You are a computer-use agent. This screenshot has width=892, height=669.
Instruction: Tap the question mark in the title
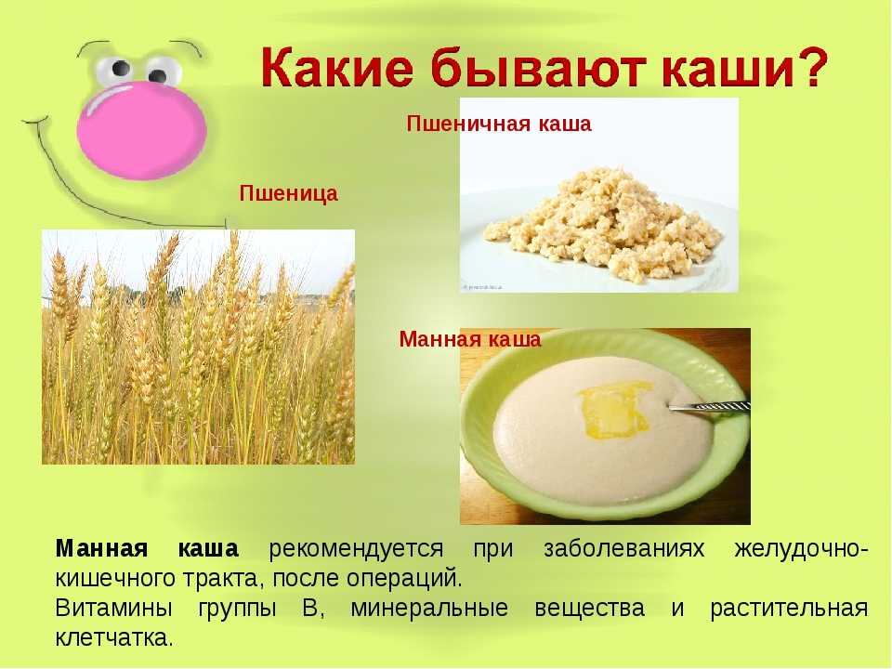point(808,67)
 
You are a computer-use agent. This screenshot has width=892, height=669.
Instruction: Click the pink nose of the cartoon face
point(141,130)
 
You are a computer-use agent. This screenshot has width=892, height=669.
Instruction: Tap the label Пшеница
point(288,193)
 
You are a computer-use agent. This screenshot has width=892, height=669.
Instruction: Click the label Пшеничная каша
point(499,124)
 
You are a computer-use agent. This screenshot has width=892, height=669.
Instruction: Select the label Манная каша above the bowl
point(470,339)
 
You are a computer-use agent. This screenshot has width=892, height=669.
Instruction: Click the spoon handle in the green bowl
point(709,407)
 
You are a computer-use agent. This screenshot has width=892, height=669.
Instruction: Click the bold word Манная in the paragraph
point(102,549)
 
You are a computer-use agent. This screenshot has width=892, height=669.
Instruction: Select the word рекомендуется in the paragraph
point(356,549)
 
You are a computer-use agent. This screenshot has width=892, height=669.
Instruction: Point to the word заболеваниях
point(623,549)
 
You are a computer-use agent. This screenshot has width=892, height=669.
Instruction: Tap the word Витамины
point(113,608)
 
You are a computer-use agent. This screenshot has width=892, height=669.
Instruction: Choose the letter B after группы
point(311,608)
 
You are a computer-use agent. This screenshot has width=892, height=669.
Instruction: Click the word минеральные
point(429,608)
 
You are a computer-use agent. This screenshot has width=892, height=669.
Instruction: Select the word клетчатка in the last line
point(113,637)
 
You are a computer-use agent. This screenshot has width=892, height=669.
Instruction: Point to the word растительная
point(789,608)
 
